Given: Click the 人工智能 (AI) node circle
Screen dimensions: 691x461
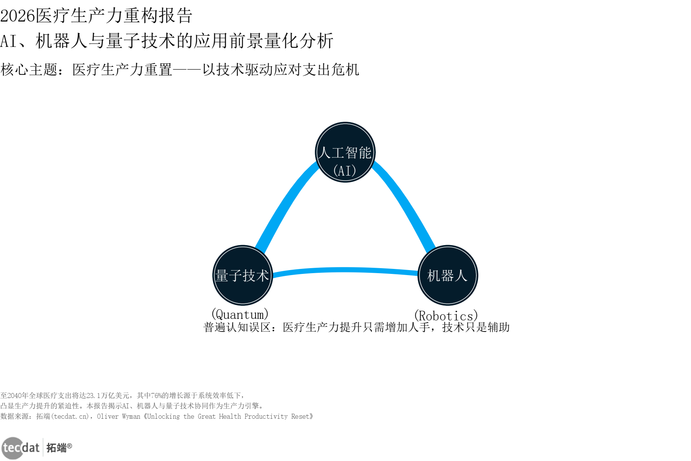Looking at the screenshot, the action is click(345, 152).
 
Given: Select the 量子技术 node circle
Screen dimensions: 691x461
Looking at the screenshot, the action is click(243, 275).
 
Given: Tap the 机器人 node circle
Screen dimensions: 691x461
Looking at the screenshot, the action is click(448, 275).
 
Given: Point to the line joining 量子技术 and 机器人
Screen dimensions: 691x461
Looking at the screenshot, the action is click(345, 270).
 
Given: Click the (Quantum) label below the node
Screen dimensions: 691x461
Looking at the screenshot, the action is click(240, 314).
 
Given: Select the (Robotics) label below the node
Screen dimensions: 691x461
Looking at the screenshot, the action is click(446, 316).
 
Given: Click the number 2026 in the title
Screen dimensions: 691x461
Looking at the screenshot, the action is click(18, 16).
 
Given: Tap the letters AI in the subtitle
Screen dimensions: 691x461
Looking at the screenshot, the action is click(8, 41).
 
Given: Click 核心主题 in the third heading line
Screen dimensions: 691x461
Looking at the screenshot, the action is click(29, 70).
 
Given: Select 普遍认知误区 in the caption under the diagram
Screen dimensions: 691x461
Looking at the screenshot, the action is click(237, 327).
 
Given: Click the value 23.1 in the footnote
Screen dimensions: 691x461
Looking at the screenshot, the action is click(94, 395).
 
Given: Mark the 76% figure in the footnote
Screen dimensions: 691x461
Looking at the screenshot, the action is click(156, 395).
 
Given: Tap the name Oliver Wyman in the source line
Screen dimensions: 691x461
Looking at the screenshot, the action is click(119, 416).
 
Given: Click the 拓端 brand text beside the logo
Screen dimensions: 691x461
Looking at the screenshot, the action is click(56, 448).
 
